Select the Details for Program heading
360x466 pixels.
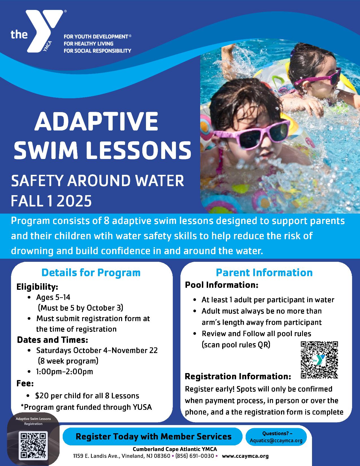91,273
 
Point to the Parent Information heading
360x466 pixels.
264,273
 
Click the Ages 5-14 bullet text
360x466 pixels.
53,297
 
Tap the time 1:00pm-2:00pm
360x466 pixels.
64,371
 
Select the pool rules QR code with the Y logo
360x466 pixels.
319,360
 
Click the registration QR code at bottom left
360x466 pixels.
33,445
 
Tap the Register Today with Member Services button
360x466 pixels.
153,436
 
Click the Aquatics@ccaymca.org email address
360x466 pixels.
276,440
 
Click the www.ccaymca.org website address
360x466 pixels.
245,456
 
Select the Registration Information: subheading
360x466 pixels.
238,376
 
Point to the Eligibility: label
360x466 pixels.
37,287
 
